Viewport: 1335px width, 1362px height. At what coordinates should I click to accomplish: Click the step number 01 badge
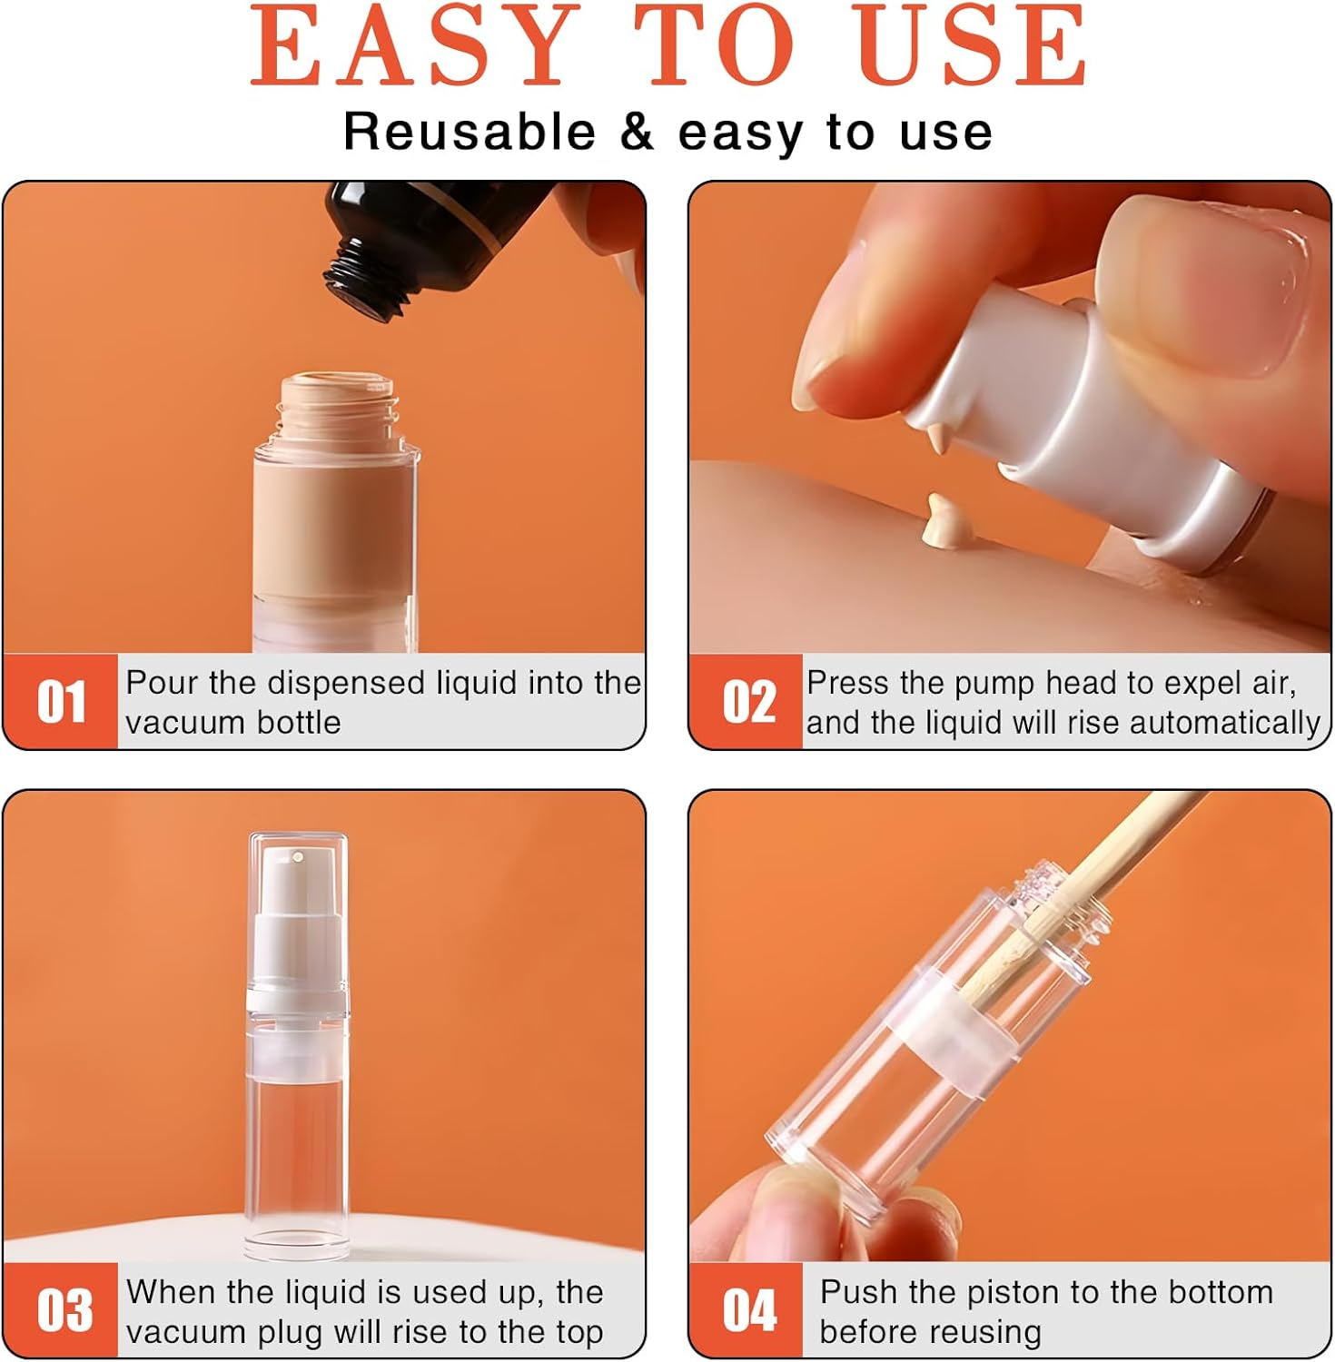[61, 702]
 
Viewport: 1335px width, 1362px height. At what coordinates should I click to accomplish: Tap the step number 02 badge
[747, 702]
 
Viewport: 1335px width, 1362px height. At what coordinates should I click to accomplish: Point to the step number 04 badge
[747, 1310]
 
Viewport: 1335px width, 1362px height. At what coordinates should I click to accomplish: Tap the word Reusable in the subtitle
[469, 133]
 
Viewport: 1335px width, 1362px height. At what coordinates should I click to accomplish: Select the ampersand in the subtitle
[637, 133]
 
